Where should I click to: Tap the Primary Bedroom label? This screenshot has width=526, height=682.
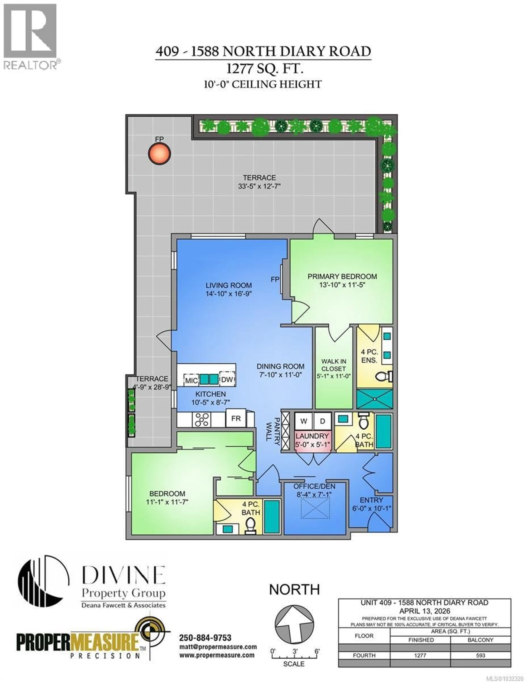342,276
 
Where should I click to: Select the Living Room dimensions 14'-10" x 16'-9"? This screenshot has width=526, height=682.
228,294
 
